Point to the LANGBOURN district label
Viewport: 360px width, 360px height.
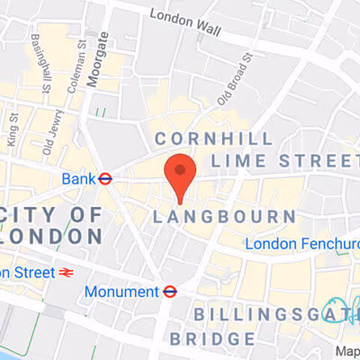pos(225,217)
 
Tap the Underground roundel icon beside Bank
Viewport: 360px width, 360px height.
pos(105,179)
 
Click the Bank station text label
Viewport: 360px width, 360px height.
pos(77,179)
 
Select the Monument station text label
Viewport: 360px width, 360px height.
pos(121,291)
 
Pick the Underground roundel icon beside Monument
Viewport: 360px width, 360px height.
pos(168,291)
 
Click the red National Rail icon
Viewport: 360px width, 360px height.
pos(64,270)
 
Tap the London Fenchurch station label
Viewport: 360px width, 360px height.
pos(301,244)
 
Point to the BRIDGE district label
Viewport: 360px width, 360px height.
pos(213,339)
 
